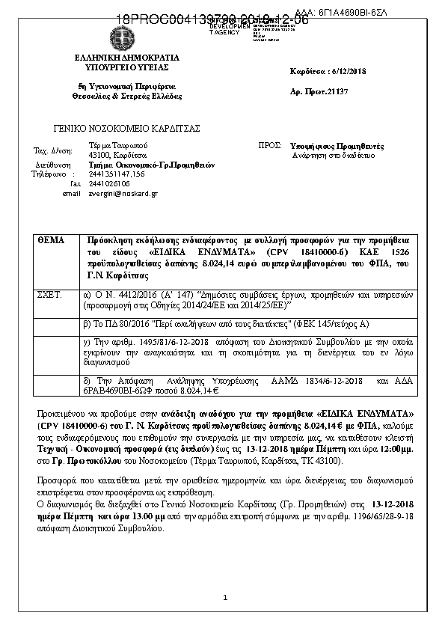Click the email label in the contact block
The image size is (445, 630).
click(71, 193)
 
